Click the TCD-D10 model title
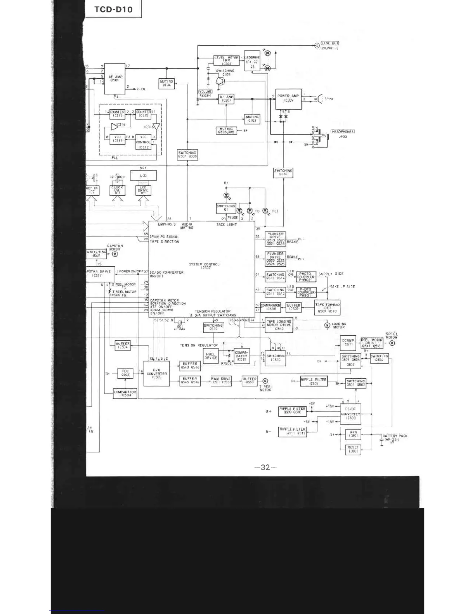click(x=113, y=9)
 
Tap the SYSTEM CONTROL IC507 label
click(x=204, y=266)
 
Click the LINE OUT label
click(x=330, y=43)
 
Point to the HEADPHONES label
click(x=343, y=132)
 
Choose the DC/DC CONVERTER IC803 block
click(x=350, y=414)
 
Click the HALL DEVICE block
click(x=211, y=356)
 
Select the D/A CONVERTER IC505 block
click(x=156, y=373)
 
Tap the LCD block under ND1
click(x=143, y=176)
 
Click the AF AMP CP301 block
click(x=115, y=79)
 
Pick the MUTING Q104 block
click(x=166, y=83)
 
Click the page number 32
click(x=265, y=467)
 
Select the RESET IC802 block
click(x=353, y=450)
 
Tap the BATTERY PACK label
click(x=395, y=436)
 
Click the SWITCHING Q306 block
click(x=283, y=172)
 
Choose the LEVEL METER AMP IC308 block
click(x=226, y=60)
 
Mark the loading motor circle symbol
click(x=327, y=325)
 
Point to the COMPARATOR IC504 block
click(x=125, y=394)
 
